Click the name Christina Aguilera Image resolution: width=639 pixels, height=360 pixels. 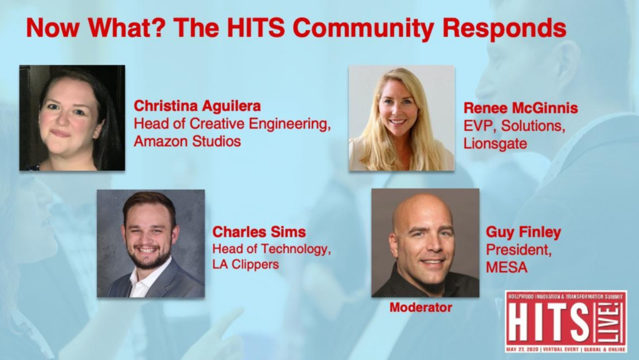pyautogui.click(x=197, y=106)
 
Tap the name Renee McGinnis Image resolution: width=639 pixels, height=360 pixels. pyautogui.click(x=520, y=108)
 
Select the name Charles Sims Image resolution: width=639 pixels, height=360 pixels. pyautogui.click(x=259, y=231)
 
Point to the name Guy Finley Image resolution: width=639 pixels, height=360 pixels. pyautogui.click(x=524, y=232)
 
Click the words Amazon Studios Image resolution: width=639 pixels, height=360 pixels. pyautogui.click(x=187, y=141)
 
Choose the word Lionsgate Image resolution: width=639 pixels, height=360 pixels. pyautogui.click(x=495, y=144)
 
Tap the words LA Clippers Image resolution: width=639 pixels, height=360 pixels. pyautogui.click(x=246, y=265)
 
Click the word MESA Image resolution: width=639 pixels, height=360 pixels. pyautogui.click(x=507, y=267)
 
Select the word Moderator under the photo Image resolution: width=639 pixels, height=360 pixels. pyautogui.click(x=421, y=308)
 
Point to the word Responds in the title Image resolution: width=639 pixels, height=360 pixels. pyautogui.click(x=504, y=29)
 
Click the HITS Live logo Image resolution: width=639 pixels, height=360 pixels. pyautogui.click(x=566, y=322)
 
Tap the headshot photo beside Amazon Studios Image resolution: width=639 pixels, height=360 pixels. pyautogui.click(x=72, y=118)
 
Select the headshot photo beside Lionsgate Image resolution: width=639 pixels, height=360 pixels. pyautogui.click(x=401, y=118)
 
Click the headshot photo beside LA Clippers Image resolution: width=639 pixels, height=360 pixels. pyautogui.click(x=151, y=243)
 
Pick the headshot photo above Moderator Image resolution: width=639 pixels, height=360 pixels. pyautogui.click(x=425, y=243)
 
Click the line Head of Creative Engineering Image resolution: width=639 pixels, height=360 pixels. pyautogui.click(x=232, y=124)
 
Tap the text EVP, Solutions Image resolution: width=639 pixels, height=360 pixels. pyautogui.click(x=514, y=126)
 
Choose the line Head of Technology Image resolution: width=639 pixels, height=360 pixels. pyautogui.click(x=271, y=248)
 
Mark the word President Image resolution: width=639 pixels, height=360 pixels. pyautogui.click(x=519, y=250)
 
